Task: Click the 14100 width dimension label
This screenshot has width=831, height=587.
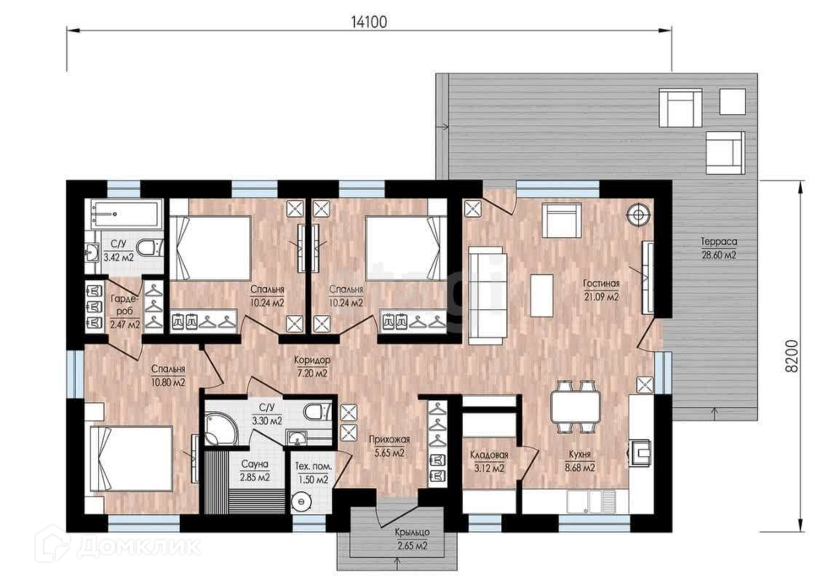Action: click(x=369, y=22)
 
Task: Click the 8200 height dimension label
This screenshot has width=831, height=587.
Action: click(x=791, y=356)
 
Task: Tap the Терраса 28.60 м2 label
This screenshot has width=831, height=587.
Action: click(x=719, y=248)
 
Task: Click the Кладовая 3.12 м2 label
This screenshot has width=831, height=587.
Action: click(x=489, y=461)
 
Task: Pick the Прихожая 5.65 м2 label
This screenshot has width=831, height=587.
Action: click(x=389, y=446)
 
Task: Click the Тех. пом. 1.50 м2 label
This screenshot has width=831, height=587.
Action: click(x=314, y=473)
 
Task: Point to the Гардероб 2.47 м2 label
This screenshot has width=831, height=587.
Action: click(x=125, y=311)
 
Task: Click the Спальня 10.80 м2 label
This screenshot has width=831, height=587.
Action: click(x=168, y=375)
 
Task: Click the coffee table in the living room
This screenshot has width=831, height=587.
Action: click(x=541, y=295)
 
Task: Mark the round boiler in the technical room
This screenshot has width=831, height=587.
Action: click(x=301, y=500)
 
